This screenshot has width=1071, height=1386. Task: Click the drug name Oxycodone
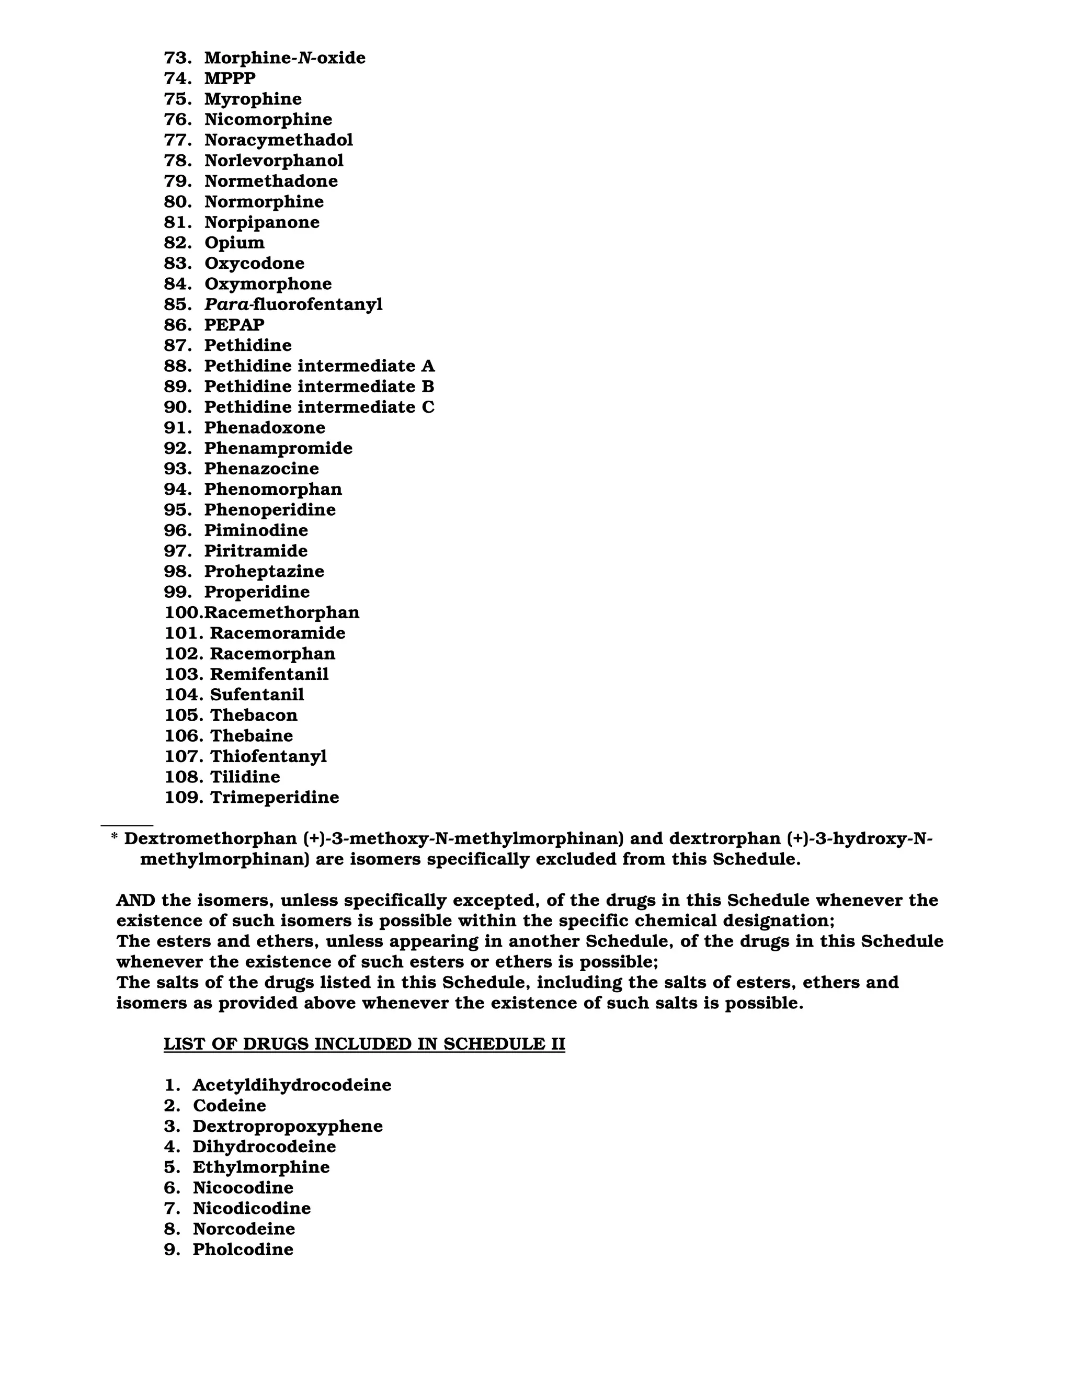pos(254,264)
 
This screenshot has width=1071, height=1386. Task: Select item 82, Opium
pos(234,243)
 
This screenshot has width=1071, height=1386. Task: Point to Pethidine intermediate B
pos(318,387)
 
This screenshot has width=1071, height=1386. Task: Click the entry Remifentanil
pos(269,674)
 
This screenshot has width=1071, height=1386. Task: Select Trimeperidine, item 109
pos(274,797)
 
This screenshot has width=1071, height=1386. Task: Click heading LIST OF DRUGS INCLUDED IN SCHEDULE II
pos(364,1044)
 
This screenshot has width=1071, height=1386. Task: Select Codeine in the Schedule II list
pos(229,1106)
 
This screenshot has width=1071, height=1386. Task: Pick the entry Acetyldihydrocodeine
pos(292,1085)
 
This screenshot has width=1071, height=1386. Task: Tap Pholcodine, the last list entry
pos(243,1249)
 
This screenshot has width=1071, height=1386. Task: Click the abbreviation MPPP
pos(230,78)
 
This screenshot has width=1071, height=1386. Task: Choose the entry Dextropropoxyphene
pos(288,1127)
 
